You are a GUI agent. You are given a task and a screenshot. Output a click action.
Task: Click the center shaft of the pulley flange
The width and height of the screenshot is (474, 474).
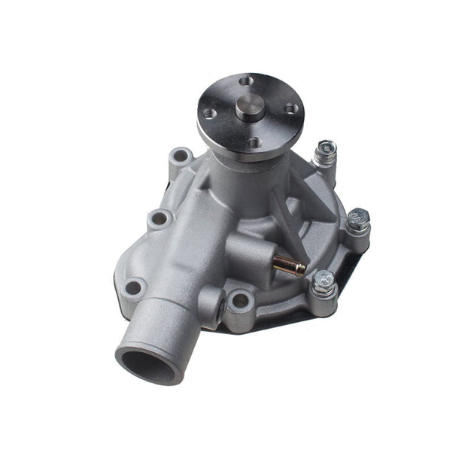pyautogui.click(x=249, y=109)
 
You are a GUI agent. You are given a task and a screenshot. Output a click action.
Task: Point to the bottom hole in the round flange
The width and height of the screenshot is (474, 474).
pyautogui.click(x=254, y=141)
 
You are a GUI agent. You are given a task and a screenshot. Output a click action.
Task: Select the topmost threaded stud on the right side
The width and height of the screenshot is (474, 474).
pyautogui.click(x=325, y=150)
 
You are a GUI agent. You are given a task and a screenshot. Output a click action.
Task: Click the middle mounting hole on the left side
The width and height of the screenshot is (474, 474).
pyautogui.click(x=160, y=219)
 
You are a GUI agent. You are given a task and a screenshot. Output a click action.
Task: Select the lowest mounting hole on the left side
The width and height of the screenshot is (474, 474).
pyautogui.click(x=135, y=287)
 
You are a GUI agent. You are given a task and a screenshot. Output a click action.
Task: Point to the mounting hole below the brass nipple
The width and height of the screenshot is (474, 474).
pyautogui.click(x=240, y=301)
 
